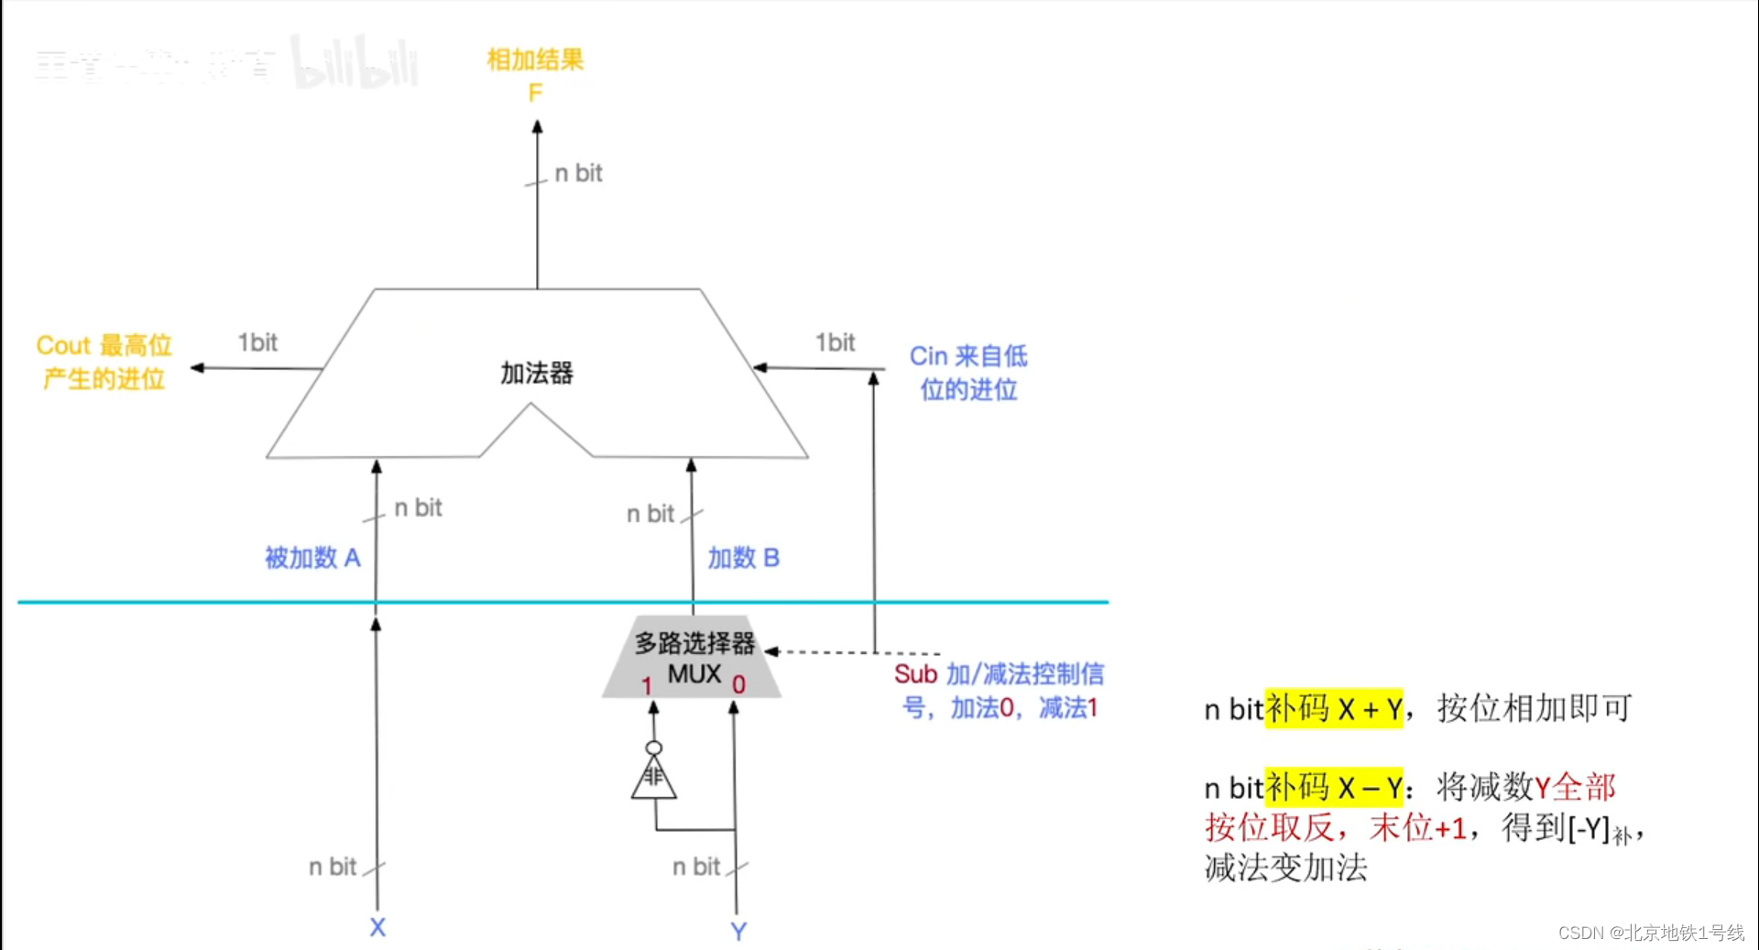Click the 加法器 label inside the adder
[x=536, y=373]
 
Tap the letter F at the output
[x=535, y=93]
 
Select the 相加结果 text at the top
[x=535, y=60]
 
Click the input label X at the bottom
[x=377, y=927]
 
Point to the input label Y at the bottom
[x=738, y=931]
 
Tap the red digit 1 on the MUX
[x=647, y=685]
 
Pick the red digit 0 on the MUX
[x=738, y=684]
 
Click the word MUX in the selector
[x=694, y=674]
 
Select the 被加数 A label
[x=312, y=557]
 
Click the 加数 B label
[x=743, y=557]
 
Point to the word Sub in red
[x=915, y=674]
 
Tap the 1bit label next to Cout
[x=257, y=343]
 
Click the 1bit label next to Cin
[x=835, y=343]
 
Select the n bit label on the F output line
[x=578, y=173]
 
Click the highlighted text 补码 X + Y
[x=1333, y=708]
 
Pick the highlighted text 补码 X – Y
[x=1333, y=787]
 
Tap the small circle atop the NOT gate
[x=653, y=748]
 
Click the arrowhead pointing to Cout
[x=197, y=367]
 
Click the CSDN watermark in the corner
[x=1650, y=933]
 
